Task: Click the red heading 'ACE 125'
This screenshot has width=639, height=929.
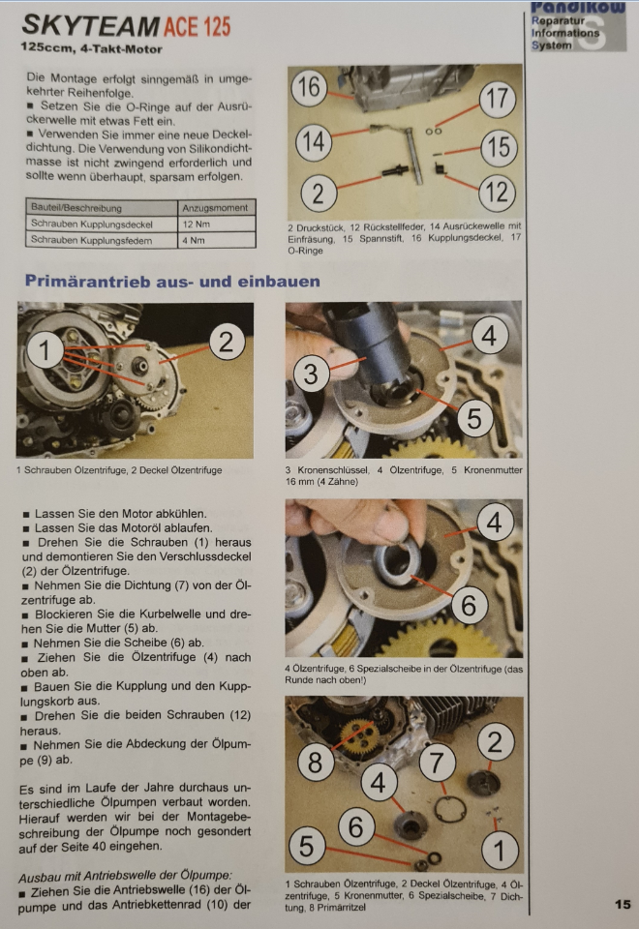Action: (x=197, y=26)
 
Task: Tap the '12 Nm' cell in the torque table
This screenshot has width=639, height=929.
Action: (x=217, y=224)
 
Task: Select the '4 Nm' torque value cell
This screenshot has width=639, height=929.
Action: (x=217, y=240)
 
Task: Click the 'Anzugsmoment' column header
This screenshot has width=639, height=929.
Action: (x=215, y=208)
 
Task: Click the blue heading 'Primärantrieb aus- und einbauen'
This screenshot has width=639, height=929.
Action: (x=172, y=281)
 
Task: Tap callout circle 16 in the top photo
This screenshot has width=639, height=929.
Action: (x=309, y=88)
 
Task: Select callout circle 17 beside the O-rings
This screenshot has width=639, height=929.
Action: (x=498, y=99)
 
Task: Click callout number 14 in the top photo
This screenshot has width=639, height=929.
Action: (x=314, y=142)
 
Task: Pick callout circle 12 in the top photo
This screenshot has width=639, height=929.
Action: (x=498, y=193)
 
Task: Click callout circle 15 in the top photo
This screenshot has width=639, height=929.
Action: (x=499, y=147)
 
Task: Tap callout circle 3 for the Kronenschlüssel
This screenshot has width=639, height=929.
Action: (x=311, y=375)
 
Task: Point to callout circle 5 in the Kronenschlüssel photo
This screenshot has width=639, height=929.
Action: (x=474, y=418)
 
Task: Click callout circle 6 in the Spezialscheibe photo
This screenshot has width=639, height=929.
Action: (x=469, y=606)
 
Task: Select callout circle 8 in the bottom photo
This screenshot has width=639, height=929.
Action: (x=315, y=762)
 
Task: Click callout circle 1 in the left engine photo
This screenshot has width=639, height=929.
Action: (x=45, y=349)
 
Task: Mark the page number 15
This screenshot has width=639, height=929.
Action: (x=623, y=904)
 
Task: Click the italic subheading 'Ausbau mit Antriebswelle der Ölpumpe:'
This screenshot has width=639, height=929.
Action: (x=125, y=876)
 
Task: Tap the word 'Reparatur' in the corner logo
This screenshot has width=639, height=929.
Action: (x=558, y=20)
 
